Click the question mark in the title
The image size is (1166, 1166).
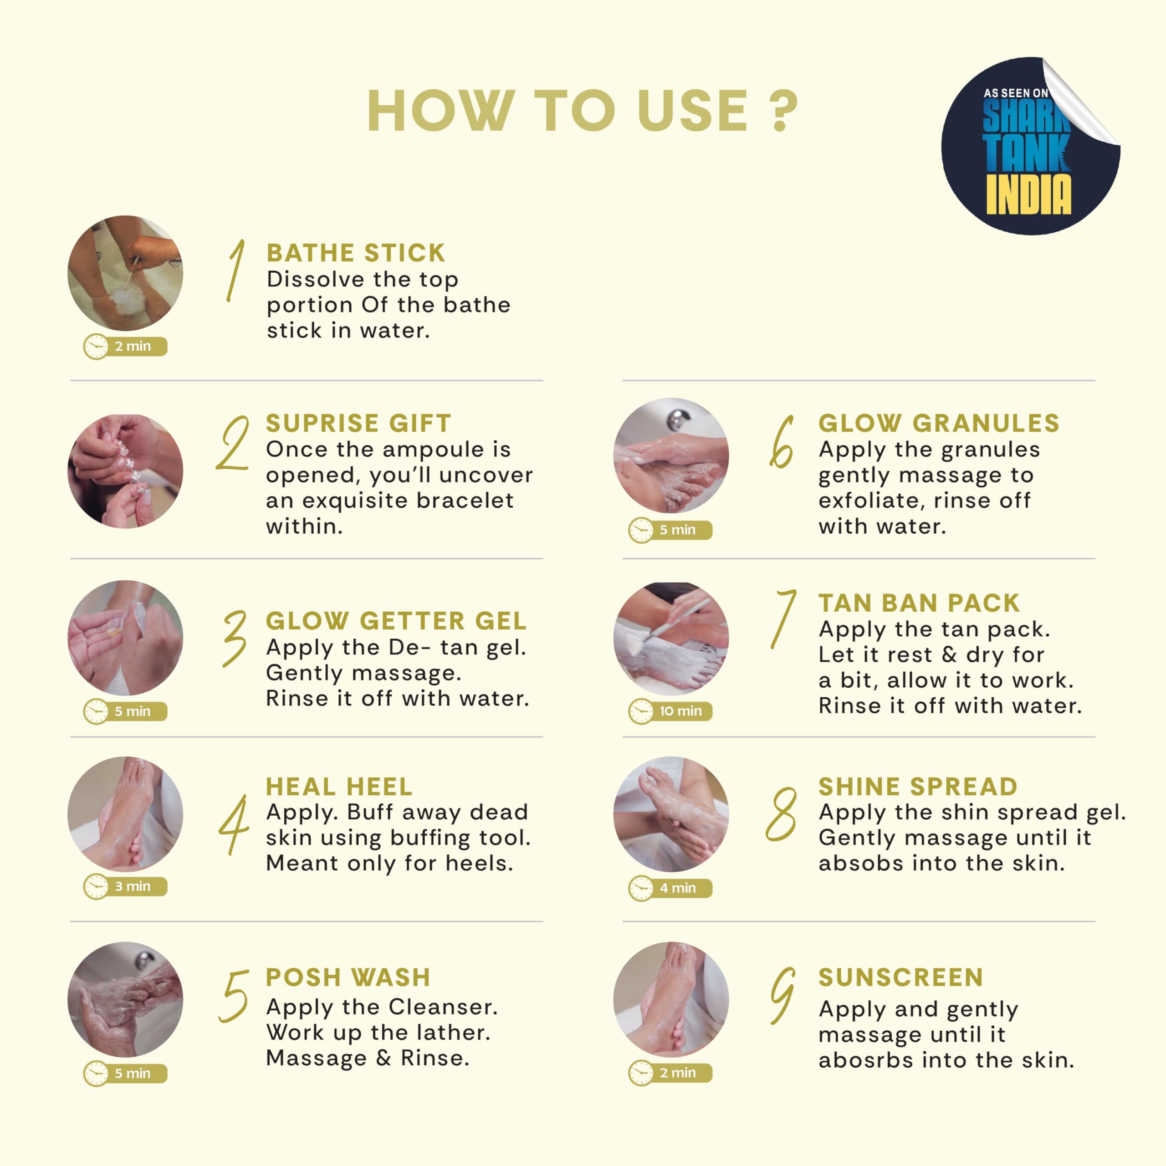(x=783, y=110)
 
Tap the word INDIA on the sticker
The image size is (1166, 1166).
(x=1028, y=194)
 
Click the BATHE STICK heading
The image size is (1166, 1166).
(x=356, y=253)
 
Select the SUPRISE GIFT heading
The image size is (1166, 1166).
(x=358, y=423)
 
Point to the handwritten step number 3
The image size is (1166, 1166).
(x=235, y=639)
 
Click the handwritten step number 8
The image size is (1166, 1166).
(x=782, y=814)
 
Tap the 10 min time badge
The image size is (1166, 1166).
(x=670, y=711)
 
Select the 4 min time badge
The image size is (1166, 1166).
(x=670, y=888)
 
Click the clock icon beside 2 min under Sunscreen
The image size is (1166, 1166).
(x=641, y=1073)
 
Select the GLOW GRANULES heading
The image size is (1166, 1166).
(x=939, y=423)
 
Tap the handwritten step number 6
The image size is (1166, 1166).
(x=782, y=442)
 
